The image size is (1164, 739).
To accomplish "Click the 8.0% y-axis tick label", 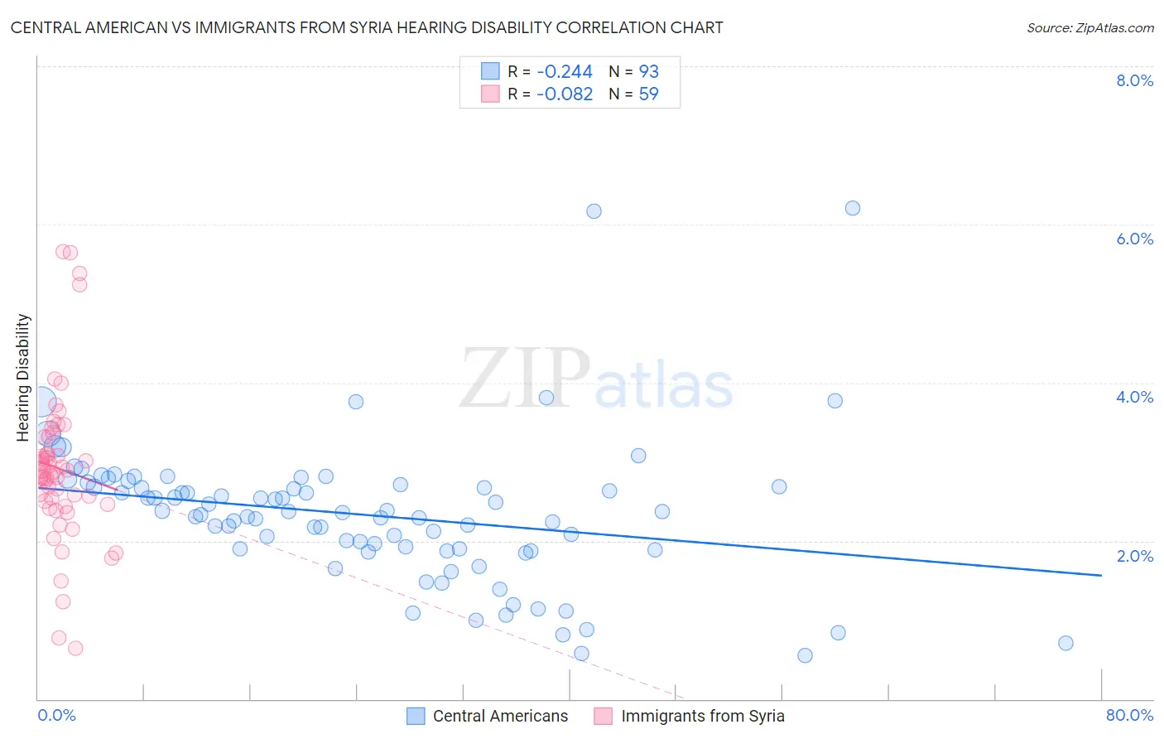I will pyautogui.click(x=1134, y=80).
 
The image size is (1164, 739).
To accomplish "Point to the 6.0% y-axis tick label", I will pyautogui.click(x=1134, y=239).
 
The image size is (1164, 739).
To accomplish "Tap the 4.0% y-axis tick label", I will pyautogui.click(x=1134, y=397).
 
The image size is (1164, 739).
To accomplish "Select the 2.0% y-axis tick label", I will pyautogui.click(x=1134, y=556).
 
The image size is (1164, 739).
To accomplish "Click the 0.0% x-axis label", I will pyautogui.click(x=56, y=715).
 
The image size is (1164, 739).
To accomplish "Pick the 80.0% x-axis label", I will pyautogui.click(x=1129, y=715).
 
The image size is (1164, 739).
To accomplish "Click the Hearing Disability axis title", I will pyautogui.click(x=23, y=377).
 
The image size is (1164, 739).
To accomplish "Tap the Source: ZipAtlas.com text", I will pyautogui.click(x=1089, y=27).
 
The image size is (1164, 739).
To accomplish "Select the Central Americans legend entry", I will pyautogui.click(x=500, y=716).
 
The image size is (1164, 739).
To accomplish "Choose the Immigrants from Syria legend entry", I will pyautogui.click(x=702, y=716).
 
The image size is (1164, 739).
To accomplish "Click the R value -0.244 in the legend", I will pyautogui.click(x=565, y=72).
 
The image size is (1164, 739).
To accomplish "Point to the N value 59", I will pyautogui.click(x=648, y=94).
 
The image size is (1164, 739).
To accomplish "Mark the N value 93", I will pyautogui.click(x=648, y=72).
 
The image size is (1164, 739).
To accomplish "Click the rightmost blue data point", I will pyautogui.click(x=1065, y=643).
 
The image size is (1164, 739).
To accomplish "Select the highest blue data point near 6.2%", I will pyautogui.click(x=853, y=208).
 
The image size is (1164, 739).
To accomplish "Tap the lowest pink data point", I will pyautogui.click(x=75, y=648).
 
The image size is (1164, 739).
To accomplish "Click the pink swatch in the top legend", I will pyautogui.click(x=490, y=94).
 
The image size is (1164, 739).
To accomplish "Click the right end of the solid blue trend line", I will pyautogui.click(x=1101, y=575).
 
